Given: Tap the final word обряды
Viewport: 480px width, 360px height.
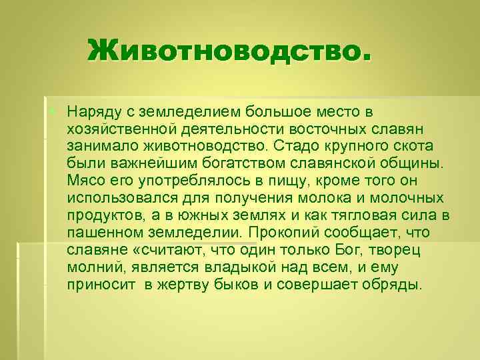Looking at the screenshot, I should tap(393, 286).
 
